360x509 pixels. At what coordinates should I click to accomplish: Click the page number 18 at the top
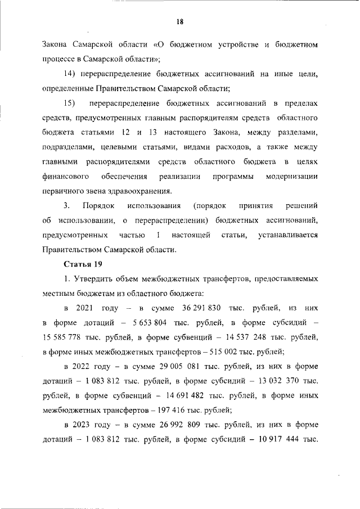179,21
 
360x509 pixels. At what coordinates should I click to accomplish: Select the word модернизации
291,177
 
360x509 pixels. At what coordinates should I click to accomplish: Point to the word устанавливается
287,235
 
